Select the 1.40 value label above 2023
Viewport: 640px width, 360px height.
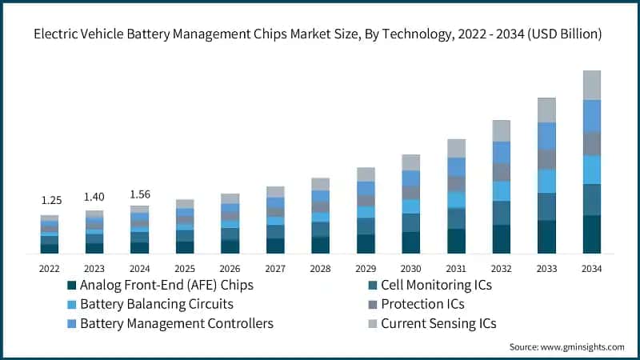tap(94, 196)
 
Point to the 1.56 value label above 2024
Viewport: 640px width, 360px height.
tap(140, 194)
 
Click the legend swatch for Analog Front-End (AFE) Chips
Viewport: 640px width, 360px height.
tap(72, 285)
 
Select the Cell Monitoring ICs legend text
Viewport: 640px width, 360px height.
tap(436, 285)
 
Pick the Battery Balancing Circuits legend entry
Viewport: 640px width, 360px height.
tap(157, 304)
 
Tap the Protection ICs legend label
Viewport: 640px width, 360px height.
tap(422, 304)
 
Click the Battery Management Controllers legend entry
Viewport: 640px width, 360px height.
tap(177, 323)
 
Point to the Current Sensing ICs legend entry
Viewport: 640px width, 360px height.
tap(438, 323)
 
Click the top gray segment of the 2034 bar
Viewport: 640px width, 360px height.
tap(592, 85)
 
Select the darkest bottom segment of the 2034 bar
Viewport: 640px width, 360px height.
tap(592, 234)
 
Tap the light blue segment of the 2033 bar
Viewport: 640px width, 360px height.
tap(546, 181)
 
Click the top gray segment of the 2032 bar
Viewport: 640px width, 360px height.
tap(502, 130)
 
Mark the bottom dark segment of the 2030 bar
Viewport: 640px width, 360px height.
tap(410, 242)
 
